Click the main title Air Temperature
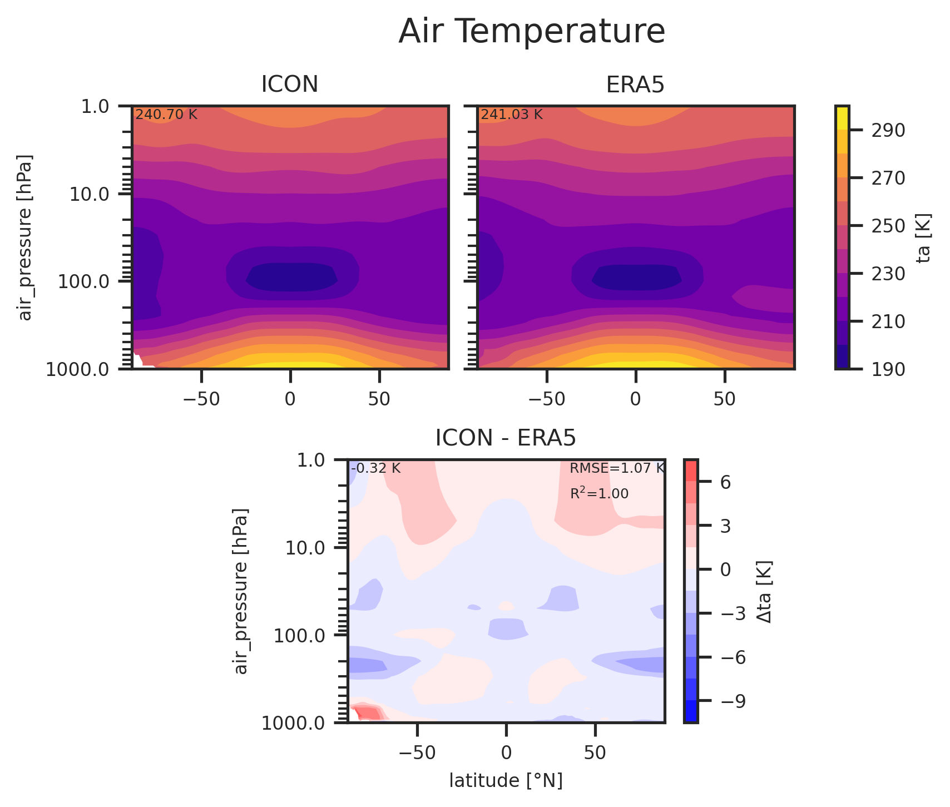click(x=531, y=32)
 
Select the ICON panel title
click(x=290, y=85)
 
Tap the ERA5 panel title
click(x=635, y=85)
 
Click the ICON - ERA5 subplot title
click(x=505, y=438)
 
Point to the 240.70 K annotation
click(x=166, y=115)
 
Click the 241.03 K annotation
click(x=512, y=115)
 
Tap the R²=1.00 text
click(x=600, y=493)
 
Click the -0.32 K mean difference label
click(x=376, y=468)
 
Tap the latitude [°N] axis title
click(x=506, y=781)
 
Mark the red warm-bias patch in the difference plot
click(x=368, y=712)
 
